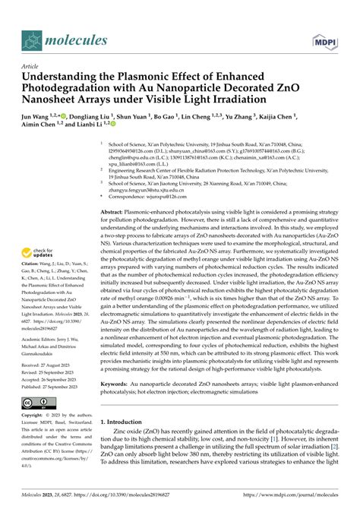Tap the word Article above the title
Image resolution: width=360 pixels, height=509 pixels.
pyautogui.click(x=33, y=66)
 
